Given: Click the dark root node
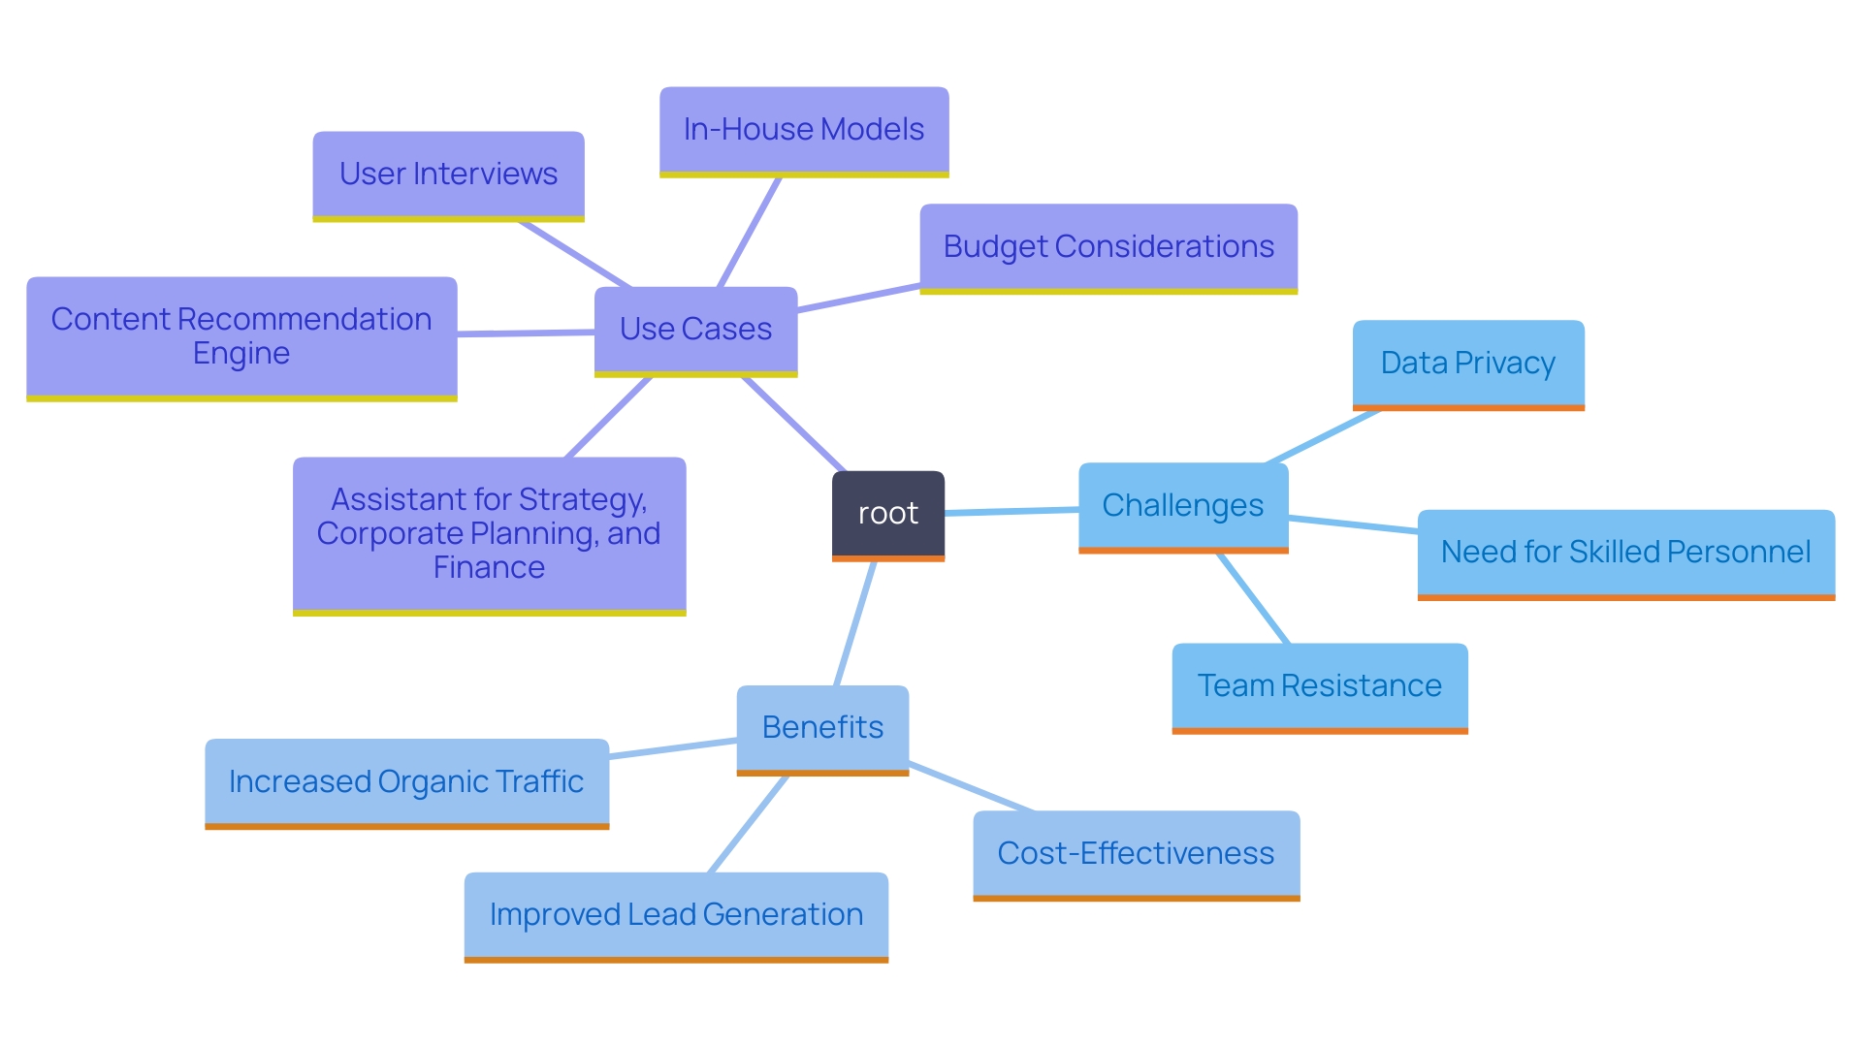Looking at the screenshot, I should (x=887, y=514).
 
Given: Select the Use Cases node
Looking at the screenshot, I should (x=695, y=330).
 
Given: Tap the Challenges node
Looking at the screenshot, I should (x=1183, y=506).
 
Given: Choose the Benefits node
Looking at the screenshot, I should (x=822, y=728).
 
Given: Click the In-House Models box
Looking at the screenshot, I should (x=804, y=130).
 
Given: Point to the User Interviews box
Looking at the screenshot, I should (x=448, y=174).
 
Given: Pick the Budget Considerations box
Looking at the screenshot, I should (x=1108, y=247).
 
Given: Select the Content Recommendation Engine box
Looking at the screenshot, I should (x=241, y=336).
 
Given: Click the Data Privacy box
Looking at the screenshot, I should (x=1468, y=364).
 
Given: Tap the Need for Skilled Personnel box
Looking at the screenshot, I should (x=1625, y=553).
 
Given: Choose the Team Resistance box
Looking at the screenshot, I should (x=1319, y=686).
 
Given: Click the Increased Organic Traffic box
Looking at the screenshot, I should (x=406, y=782).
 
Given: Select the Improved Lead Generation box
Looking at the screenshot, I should (x=676, y=915).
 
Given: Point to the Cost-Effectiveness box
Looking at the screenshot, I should (x=1136, y=854).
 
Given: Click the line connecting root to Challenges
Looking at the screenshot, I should (x=1011, y=511).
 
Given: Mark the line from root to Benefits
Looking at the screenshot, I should (x=855, y=624).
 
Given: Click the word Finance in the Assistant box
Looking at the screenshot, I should (x=489, y=568).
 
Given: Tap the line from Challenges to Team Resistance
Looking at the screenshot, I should (x=1253, y=598).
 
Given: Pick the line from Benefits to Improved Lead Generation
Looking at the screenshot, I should (x=747, y=825).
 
